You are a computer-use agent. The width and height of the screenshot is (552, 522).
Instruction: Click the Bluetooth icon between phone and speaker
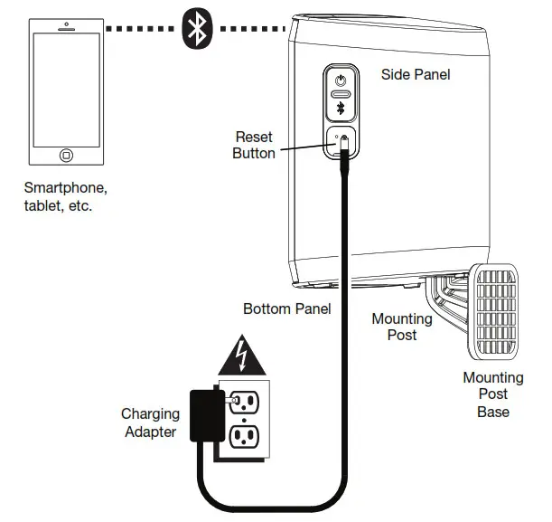click(x=196, y=28)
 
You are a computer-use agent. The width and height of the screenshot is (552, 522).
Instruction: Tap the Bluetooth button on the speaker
click(x=341, y=108)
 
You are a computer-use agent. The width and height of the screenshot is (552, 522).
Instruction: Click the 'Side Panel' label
click(x=415, y=74)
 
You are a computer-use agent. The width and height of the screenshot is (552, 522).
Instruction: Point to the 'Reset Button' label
click(x=253, y=145)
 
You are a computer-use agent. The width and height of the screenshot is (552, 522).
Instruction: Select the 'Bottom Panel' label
click(x=286, y=308)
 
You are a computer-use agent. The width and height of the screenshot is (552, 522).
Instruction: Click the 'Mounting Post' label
click(x=402, y=327)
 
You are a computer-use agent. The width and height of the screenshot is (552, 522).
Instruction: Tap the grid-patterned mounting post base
click(x=491, y=310)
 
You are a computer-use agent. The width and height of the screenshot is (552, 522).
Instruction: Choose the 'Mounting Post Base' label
click(x=492, y=394)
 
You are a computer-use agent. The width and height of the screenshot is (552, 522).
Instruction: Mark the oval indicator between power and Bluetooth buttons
click(x=341, y=93)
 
